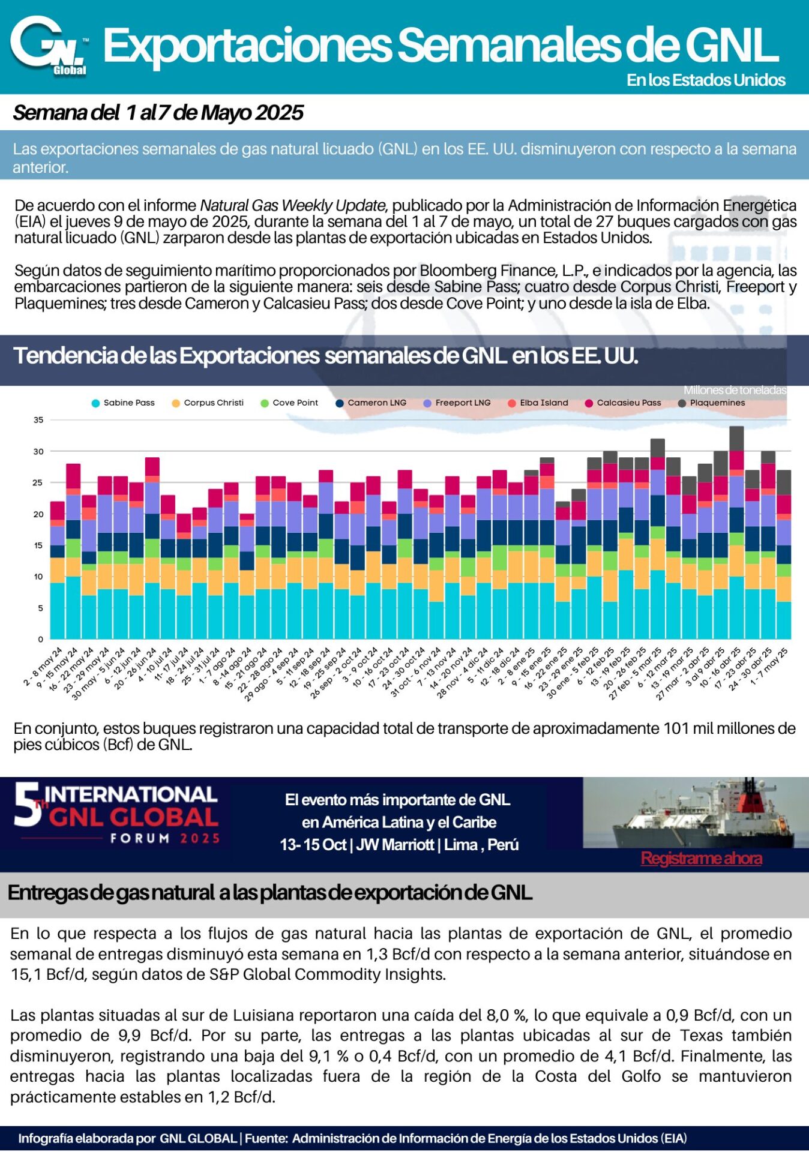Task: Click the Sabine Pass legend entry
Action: point(123,403)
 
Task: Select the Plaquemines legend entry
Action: point(712,403)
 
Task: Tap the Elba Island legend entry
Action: point(538,403)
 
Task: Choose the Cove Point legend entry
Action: point(289,403)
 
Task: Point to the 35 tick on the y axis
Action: point(38,420)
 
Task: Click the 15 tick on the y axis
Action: point(38,545)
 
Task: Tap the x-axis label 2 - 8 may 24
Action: point(43,667)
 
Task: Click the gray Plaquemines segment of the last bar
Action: point(783,482)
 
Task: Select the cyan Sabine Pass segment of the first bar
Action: point(58,611)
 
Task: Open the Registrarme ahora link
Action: point(702,859)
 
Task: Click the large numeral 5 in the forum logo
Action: point(26,804)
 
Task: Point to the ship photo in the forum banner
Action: point(696,812)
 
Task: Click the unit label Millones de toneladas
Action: point(735,390)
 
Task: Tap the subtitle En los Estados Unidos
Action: point(706,80)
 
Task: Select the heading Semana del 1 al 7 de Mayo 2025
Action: point(158,113)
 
